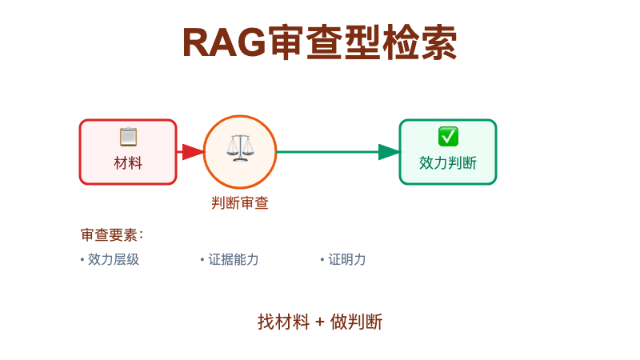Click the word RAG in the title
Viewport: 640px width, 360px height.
(x=224, y=43)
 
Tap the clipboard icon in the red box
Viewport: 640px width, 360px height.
(x=128, y=137)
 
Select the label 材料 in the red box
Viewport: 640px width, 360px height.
(x=128, y=163)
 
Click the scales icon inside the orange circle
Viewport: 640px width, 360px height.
(x=239, y=148)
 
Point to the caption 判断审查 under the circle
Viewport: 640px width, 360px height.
(x=240, y=203)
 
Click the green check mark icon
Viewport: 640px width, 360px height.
(x=448, y=137)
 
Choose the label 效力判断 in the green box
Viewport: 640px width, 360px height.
(x=448, y=163)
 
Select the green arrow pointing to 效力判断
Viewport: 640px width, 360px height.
(x=336, y=152)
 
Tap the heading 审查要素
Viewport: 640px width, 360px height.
(x=111, y=235)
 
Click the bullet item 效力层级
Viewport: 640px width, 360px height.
(x=113, y=259)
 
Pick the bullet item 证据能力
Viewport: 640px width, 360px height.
(x=233, y=259)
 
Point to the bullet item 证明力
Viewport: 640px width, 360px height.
(x=346, y=259)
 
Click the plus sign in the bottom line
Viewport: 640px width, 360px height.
(x=320, y=322)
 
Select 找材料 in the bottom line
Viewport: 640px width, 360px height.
(x=283, y=322)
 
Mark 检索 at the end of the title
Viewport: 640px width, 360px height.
(x=421, y=43)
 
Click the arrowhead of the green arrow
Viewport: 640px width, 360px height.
(x=390, y=152)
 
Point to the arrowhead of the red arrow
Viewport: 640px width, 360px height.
(x=194, y=152)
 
